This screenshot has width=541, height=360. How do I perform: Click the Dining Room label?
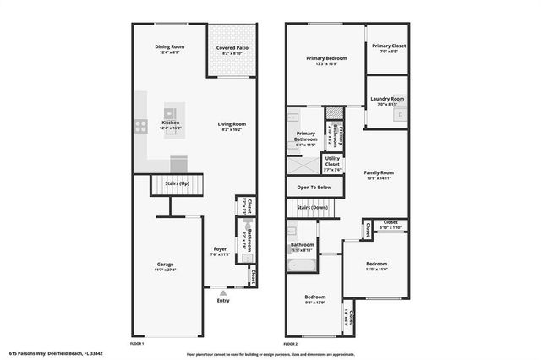click(169, 47)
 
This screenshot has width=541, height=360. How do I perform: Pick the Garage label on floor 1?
click(165, 265)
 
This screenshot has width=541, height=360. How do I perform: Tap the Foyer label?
click(219, 249)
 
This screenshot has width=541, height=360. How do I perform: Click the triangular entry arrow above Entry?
click(223, 292)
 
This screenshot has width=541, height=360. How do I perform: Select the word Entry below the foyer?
click(223, 301)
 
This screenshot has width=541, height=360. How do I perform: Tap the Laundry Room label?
click(387, 99)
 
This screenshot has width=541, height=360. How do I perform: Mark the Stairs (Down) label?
click(312, 206)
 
